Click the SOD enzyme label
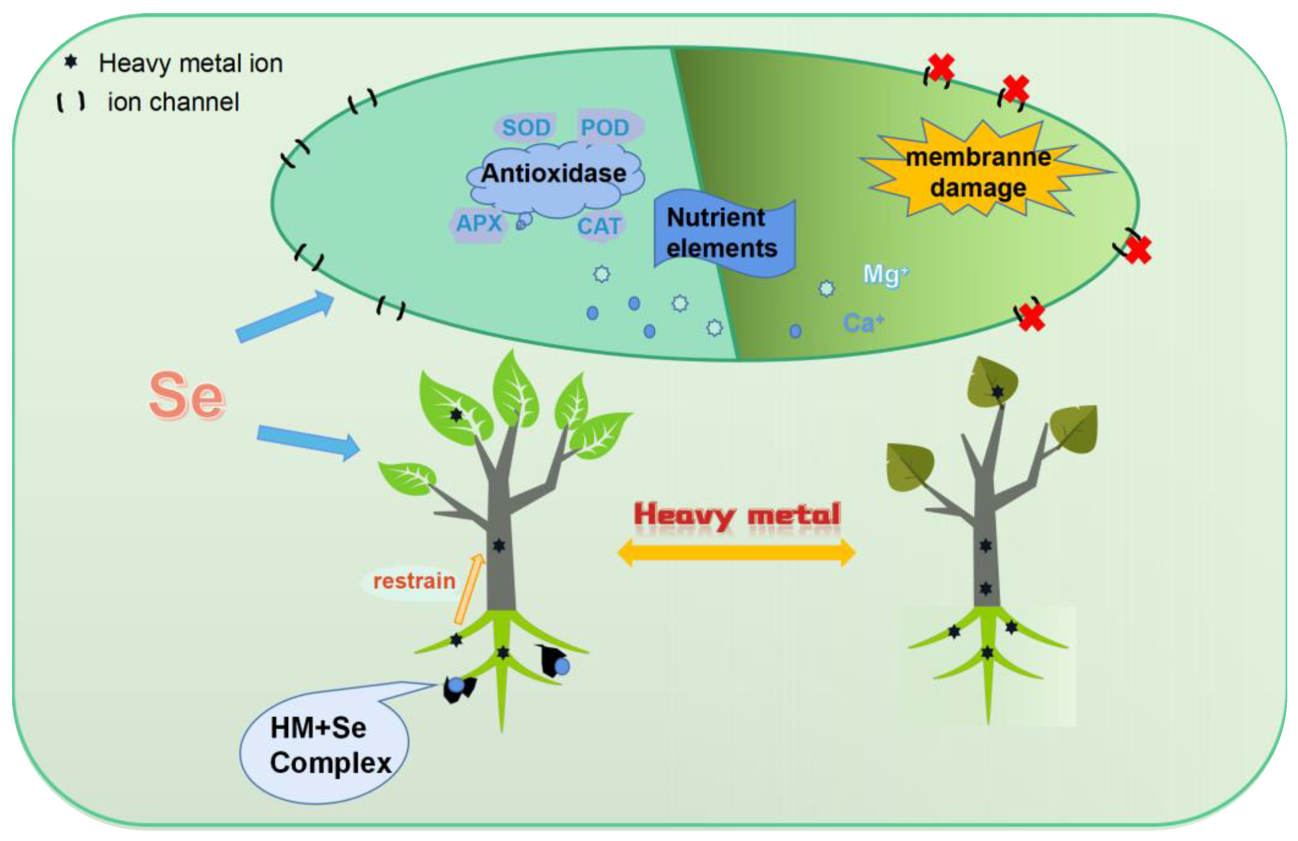coord(526,128)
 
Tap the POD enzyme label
coord(606,128)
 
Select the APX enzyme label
coord(479,223)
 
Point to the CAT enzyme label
coord(599,226)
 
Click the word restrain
coord(414,581)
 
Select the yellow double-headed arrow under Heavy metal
coord(736,553)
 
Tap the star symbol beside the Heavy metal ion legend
coord(71,62)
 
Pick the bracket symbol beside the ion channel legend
coord(71,102)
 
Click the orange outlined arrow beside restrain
coord(469,589)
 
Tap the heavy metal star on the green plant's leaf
coord(456,415)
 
